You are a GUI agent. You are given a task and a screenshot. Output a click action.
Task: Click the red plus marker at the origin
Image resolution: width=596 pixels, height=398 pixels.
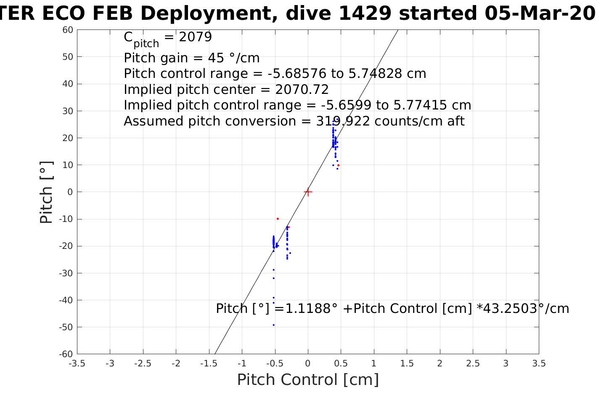coord(308,192)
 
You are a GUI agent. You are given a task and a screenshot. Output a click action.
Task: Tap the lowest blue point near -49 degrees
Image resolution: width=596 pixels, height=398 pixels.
coord(273,325)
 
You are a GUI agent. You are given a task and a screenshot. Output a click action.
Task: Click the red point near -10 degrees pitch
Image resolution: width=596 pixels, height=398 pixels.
coord(278,219)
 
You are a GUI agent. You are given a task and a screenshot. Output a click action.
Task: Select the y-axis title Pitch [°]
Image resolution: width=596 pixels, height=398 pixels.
coord(46,192)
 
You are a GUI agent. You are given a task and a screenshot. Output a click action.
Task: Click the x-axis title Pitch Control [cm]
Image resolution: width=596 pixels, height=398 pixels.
coord(308,380)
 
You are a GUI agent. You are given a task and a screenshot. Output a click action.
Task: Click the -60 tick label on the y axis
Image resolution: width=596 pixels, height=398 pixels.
coord(66,354)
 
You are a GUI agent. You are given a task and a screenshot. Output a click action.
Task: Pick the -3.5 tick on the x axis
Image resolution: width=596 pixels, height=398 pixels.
coord(77,363)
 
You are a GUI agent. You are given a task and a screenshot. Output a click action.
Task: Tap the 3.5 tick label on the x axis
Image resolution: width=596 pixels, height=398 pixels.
coord(539,363)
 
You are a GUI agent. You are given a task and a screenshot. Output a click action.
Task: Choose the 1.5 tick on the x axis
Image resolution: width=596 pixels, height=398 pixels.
coord(407,363)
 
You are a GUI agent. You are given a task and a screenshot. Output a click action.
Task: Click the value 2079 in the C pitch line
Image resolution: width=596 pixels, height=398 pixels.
coord(195,37)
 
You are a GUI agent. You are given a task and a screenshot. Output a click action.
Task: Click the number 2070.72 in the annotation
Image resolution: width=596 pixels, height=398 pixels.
coord(302,90)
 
